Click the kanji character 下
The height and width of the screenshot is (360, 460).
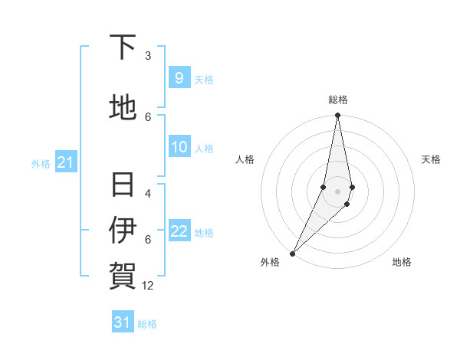[x=123, y=47]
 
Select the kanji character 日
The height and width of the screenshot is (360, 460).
[x=123, y=185]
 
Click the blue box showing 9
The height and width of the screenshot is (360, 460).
[x=179, y=78]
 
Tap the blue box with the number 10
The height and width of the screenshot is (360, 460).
[x=179, y=147]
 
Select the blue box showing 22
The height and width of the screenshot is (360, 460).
[x=179, y=231]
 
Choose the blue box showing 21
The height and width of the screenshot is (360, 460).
[x=65, y=162]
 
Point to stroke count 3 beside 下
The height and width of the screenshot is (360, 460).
[x=148, y=56]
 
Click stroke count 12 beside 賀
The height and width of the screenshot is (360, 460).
[x=148, y=285]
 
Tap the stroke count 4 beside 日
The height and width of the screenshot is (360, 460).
[x=148, y=194]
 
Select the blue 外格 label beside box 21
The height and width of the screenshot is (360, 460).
[x=41, y=163]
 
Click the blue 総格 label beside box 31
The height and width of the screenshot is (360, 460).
[x=147, y=324]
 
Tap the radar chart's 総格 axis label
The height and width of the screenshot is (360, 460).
[x=337, y=100]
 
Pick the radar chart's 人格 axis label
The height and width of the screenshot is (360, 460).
[x=245, y=159]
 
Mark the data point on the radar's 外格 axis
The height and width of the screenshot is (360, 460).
[x=292, y=253]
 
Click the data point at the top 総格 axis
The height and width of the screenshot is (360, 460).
[x=337, y=116]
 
